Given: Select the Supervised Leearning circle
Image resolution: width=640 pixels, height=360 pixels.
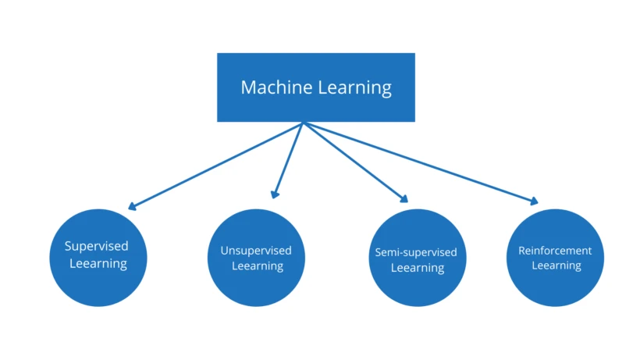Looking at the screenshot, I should click(98, 257).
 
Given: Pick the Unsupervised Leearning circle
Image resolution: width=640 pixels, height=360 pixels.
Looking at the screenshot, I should click(256, 257).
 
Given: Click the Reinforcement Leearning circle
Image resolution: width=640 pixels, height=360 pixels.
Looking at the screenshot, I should click(556, 257).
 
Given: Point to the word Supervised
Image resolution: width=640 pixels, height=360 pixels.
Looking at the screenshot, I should click(97, 246).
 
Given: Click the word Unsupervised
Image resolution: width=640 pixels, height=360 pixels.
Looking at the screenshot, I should click(256, 251).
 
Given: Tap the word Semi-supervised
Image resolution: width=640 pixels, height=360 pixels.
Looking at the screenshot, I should click(416, 253).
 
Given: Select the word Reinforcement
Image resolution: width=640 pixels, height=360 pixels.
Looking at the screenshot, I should click(555, 251).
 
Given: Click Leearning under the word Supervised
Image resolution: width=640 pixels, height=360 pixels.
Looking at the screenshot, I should click(98, 263).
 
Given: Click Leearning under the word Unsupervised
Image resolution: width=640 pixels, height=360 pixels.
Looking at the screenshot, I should click(258, 266).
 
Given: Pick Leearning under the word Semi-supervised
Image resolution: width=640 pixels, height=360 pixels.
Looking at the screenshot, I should click(418, 268).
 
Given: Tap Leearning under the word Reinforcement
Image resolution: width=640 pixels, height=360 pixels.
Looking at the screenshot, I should click(556, 266).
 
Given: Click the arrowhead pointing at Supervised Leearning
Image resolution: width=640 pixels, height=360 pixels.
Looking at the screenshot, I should click(132, 207).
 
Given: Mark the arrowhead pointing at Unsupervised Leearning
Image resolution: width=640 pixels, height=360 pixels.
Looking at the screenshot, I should click(275, 194).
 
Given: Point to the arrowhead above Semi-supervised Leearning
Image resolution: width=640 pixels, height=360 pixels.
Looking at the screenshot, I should click(404, 198).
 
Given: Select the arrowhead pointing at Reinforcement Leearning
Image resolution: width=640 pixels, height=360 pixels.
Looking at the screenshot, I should click(534, 201).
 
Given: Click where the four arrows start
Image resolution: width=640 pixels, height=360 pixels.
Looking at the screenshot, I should click(303, 123).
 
